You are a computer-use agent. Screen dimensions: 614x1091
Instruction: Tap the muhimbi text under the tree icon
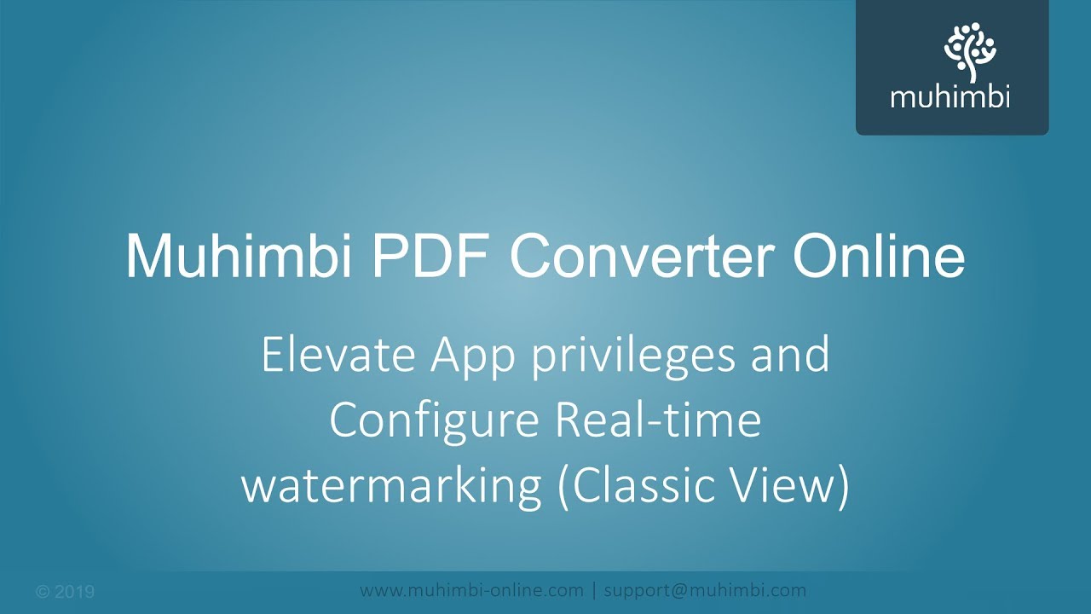click(x=950, y=96)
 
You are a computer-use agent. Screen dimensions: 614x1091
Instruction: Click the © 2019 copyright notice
click(x=66, y=592)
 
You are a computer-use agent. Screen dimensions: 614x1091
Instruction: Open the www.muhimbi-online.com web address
click(x=471, y=590)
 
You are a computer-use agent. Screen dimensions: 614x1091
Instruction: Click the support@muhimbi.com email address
click(x=705, y=590)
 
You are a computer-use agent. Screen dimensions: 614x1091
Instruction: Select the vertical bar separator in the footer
click(x=594, y=590)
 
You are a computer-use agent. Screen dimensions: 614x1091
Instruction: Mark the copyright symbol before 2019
click(x=43, y=592)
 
